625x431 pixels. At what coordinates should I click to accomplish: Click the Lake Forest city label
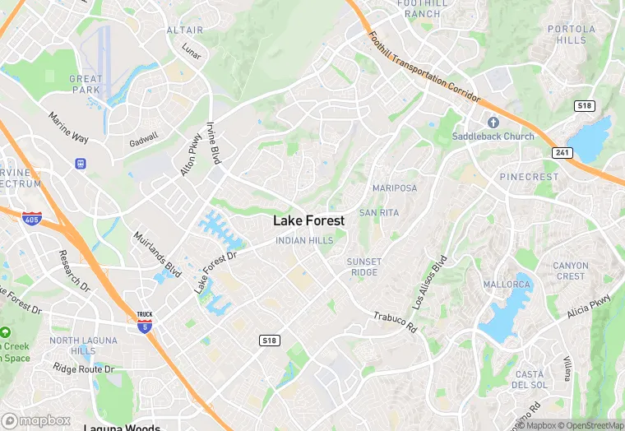point(308,220)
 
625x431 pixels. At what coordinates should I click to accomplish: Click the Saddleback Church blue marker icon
point(493,122)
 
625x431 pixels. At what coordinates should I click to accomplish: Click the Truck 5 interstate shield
point(144,322)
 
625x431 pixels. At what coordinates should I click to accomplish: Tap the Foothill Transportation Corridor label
point(424,67)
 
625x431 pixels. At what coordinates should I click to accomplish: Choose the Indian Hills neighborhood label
point(304,240)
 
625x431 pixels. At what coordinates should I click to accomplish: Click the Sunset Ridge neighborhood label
point(363,266)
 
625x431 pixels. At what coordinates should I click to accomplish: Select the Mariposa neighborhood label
point(395,188)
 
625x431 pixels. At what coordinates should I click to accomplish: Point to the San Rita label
point(378,212)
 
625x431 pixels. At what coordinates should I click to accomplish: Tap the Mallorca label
point(507,285)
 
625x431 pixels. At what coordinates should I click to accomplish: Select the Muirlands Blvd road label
point(157,253)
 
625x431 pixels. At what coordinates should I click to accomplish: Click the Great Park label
point(86,85)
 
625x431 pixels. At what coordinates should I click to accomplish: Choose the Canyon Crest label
point(570,271)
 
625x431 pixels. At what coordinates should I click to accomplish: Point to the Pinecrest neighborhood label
point(529,177)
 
